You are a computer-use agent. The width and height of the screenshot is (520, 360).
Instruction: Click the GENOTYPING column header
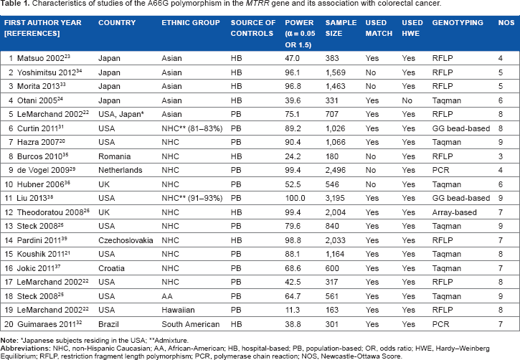coord(458,22)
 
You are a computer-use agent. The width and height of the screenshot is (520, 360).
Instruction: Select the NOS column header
coord(506,22)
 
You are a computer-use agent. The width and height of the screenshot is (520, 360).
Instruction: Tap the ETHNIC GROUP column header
coord(191,22)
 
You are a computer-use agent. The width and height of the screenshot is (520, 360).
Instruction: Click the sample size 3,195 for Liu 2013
coord(335,198)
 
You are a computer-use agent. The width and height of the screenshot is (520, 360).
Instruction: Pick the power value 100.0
coord(295,198)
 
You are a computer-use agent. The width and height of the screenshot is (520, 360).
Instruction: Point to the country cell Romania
coord(115,156)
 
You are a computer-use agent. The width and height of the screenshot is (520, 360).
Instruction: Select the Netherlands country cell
coord(120,170)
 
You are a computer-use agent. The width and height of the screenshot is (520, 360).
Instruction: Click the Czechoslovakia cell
coord(126,240)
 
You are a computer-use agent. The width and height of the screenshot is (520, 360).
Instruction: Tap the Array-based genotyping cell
coord(454,212)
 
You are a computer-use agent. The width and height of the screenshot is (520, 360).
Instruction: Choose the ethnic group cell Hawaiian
coord(178,310)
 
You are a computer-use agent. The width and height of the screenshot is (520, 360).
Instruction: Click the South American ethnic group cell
coord(191,324)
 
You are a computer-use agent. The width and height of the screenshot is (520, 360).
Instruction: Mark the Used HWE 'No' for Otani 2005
coord(407,100)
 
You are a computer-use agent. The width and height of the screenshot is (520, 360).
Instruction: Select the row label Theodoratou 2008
coord(53,212)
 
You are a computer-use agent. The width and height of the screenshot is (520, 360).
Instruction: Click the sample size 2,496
coord(335,170)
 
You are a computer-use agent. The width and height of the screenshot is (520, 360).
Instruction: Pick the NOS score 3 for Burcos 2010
coord(501,156)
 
